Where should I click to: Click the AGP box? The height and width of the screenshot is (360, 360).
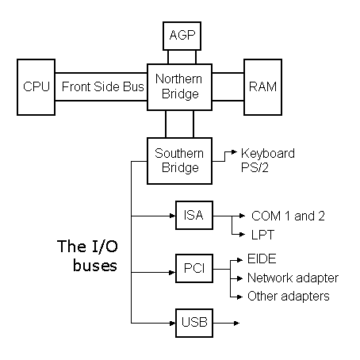(182, 36)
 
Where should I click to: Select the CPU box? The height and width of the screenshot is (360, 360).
(36, 87)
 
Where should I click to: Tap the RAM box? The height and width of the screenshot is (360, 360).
(262, 87)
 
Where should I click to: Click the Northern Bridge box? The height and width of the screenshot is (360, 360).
(179, 87)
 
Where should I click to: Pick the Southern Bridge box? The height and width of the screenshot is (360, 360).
(179, 161)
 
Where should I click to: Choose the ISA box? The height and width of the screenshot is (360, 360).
(194, 215)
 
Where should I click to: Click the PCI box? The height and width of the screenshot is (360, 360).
(194, 269)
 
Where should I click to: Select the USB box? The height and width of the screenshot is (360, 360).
(194, 323)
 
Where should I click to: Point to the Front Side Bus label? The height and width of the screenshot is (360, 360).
(103, 86)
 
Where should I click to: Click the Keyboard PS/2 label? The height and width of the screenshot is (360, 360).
(268, 160)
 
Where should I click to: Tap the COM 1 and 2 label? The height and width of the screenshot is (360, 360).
(288, 216)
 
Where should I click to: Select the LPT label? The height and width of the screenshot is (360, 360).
(262, 235)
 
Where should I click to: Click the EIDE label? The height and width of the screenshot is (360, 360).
(262, 259)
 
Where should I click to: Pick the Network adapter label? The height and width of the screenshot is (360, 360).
(293, 278)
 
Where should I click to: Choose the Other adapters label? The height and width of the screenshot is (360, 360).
(289, 297)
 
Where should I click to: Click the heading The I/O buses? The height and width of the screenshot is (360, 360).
(87, 255)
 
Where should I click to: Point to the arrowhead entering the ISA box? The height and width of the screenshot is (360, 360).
(173, 216)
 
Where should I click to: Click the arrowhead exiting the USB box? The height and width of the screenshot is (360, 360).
(236, 323)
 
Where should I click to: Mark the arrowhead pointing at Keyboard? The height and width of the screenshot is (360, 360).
(234, 152)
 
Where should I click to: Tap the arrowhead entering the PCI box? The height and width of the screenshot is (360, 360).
(173, 272)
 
